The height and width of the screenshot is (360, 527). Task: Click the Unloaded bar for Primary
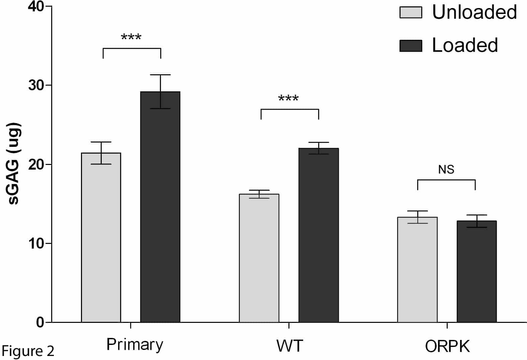click(x=101, y=238)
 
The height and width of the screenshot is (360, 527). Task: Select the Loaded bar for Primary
click(x=160, y=207)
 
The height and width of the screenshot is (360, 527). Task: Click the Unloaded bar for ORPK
click(x=417, y=270)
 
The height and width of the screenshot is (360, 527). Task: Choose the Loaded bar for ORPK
click(x=476, y=271)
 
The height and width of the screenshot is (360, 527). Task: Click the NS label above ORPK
click(x=446, y=170)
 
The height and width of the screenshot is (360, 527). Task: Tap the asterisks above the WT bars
click(x=288, y=99)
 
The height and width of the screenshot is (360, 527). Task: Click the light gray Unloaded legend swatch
click(x=411, y=12)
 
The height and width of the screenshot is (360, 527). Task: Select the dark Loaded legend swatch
click(x=411, y=46)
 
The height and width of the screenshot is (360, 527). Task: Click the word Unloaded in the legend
click(x=474, y=12)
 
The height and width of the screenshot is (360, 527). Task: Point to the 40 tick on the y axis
click(x=36, y=6)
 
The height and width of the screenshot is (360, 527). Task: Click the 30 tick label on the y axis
click(x=36, y=85)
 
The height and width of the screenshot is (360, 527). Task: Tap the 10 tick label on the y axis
click(x=36, y=243)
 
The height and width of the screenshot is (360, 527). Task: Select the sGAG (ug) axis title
click(x=14, y=164)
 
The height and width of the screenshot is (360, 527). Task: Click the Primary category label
click(x=135, y=345)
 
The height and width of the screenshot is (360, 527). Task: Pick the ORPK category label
click(x=447, y=346)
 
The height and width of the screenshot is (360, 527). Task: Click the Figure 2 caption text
click(x=28, y=351)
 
